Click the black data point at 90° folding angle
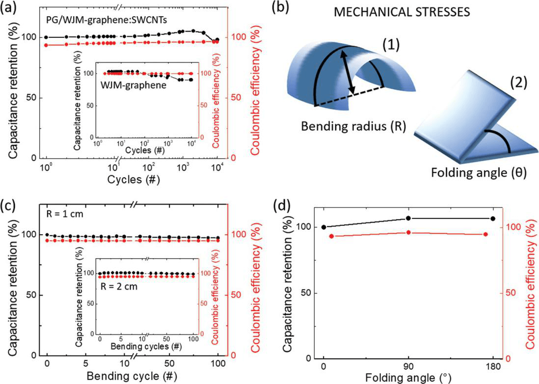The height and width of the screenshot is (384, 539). pyautogui.click(x=408, y=219)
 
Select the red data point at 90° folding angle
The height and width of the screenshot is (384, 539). pyautogui.click(x=408, y=232)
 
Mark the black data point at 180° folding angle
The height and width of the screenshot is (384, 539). pyautogui.click(x=493, y=219)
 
